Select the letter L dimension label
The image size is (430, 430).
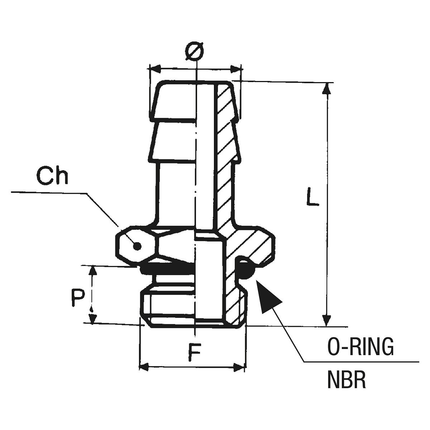pos(312,196)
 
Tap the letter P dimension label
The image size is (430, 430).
pos(77,298)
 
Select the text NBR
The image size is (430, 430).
pos(347,380)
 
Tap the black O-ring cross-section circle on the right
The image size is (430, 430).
pos(246,269)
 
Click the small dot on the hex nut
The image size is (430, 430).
pos(137,246)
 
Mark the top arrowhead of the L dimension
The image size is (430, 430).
pos(326,88)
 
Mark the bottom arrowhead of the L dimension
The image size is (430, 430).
pos(326,321)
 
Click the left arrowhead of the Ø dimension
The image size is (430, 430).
pos(154,68)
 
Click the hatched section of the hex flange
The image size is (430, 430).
pos(253,244)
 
